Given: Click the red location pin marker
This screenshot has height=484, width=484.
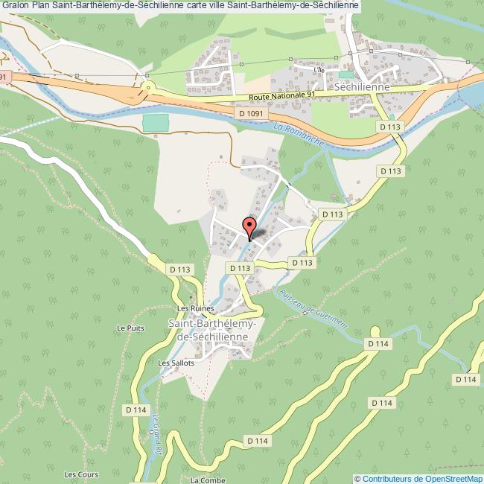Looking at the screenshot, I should pos(250,226).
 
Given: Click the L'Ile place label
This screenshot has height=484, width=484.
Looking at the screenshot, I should pos(320,70).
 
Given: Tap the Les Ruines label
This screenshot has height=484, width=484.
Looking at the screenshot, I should pos(191,308).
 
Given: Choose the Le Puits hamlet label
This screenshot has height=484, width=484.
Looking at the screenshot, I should pos(130,328).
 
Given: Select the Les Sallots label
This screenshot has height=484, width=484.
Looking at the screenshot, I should pos(176,363).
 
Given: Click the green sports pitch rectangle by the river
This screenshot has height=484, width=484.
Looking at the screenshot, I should pos(156,123).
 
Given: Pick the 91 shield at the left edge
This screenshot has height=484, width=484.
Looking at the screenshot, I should pos(4,76).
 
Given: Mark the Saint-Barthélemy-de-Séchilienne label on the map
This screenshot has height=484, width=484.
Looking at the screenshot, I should pos(213,331).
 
